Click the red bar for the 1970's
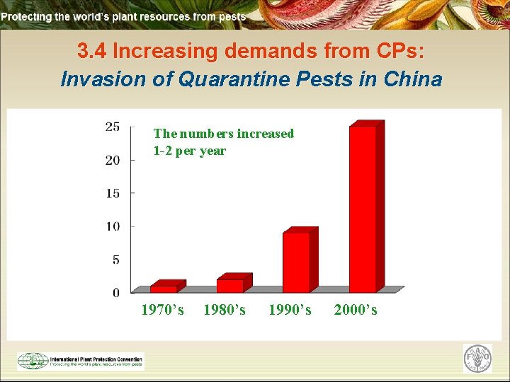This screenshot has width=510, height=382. (164, 288)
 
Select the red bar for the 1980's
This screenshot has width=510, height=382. (230, 284)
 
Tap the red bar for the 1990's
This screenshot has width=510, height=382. (296, 262)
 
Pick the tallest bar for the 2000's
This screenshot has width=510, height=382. (363, 209)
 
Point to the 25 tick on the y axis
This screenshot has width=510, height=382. (112, 127)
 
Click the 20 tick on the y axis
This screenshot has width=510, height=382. (112, 161)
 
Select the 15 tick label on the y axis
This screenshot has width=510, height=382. (112, 193)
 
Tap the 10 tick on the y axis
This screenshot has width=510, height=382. (112, 226)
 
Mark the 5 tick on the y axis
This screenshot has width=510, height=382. (115, 260)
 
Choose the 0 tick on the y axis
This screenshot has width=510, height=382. (115, 292)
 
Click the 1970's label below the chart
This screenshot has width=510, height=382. (162, 310)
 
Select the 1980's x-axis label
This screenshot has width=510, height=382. (225, 310)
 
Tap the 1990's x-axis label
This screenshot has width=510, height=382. (290, 310)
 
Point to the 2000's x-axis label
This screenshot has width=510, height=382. (356, 310)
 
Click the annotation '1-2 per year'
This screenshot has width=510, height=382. (189, 151)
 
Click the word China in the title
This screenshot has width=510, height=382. (412, 79)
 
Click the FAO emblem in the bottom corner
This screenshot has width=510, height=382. (477, 359)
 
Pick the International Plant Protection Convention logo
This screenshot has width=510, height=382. (80, 361)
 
